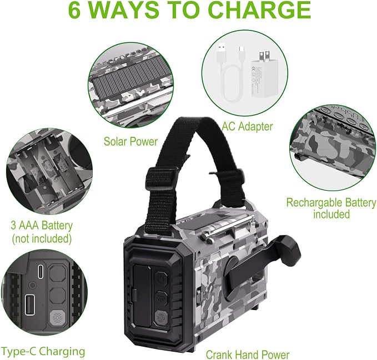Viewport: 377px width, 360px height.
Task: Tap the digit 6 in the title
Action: (74, 10)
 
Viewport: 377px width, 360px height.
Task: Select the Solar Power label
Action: (130, 141)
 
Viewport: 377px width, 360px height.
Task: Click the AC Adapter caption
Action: (248, 127)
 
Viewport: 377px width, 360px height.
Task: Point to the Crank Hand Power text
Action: (248, 354)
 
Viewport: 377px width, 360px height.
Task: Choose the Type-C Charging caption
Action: (43, 352)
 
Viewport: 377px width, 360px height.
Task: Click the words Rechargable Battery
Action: (331, 203)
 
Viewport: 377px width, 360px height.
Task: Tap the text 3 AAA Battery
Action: (42, 226)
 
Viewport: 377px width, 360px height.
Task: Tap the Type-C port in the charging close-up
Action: (41, 272)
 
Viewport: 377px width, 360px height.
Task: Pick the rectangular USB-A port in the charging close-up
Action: (30, 304)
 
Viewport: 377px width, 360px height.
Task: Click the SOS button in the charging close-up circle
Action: (57, 318)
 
